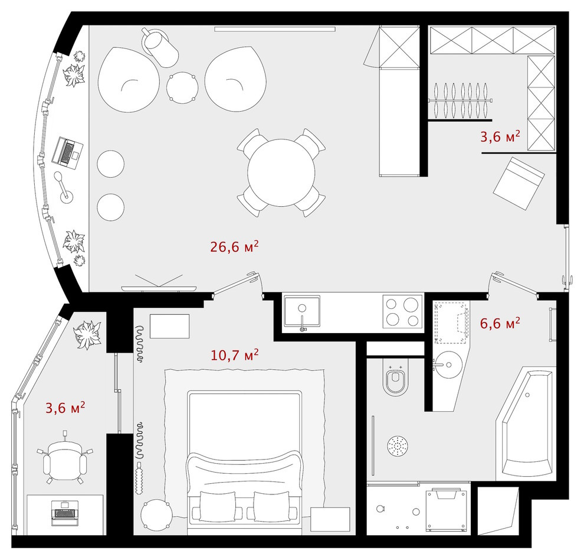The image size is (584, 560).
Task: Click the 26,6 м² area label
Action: tap(235, 247)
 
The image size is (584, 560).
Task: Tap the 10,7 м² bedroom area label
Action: tap(235, 355)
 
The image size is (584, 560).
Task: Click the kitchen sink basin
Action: tap(302, 310)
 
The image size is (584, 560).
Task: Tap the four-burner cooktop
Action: tap(402, 311)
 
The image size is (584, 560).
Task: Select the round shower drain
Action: tap(397, 446)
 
